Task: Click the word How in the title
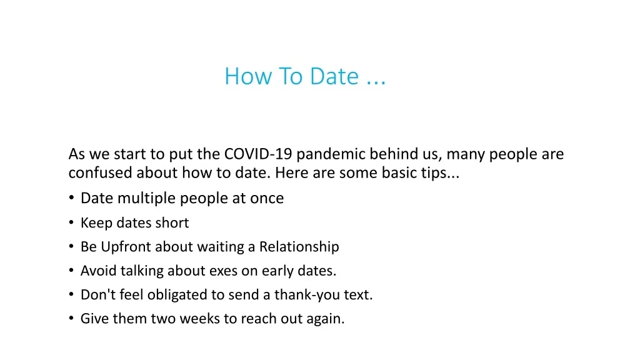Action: pyautogui.click(x=248, y=76)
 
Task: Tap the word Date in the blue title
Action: pyautogui.click(x=334, y=76)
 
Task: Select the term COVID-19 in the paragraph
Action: pyautogui.click(x=258, y=154)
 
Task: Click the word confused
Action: pyautogui.click(x=101, y=172)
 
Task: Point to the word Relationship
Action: pyautogui.click(x=299, y=247)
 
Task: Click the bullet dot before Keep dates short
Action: pyautogui.click(x=71, y=222)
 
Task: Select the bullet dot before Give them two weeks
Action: pyautogui.click(x=71, y=318)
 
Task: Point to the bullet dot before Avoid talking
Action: pyautogui.click(x=71, y=270)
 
